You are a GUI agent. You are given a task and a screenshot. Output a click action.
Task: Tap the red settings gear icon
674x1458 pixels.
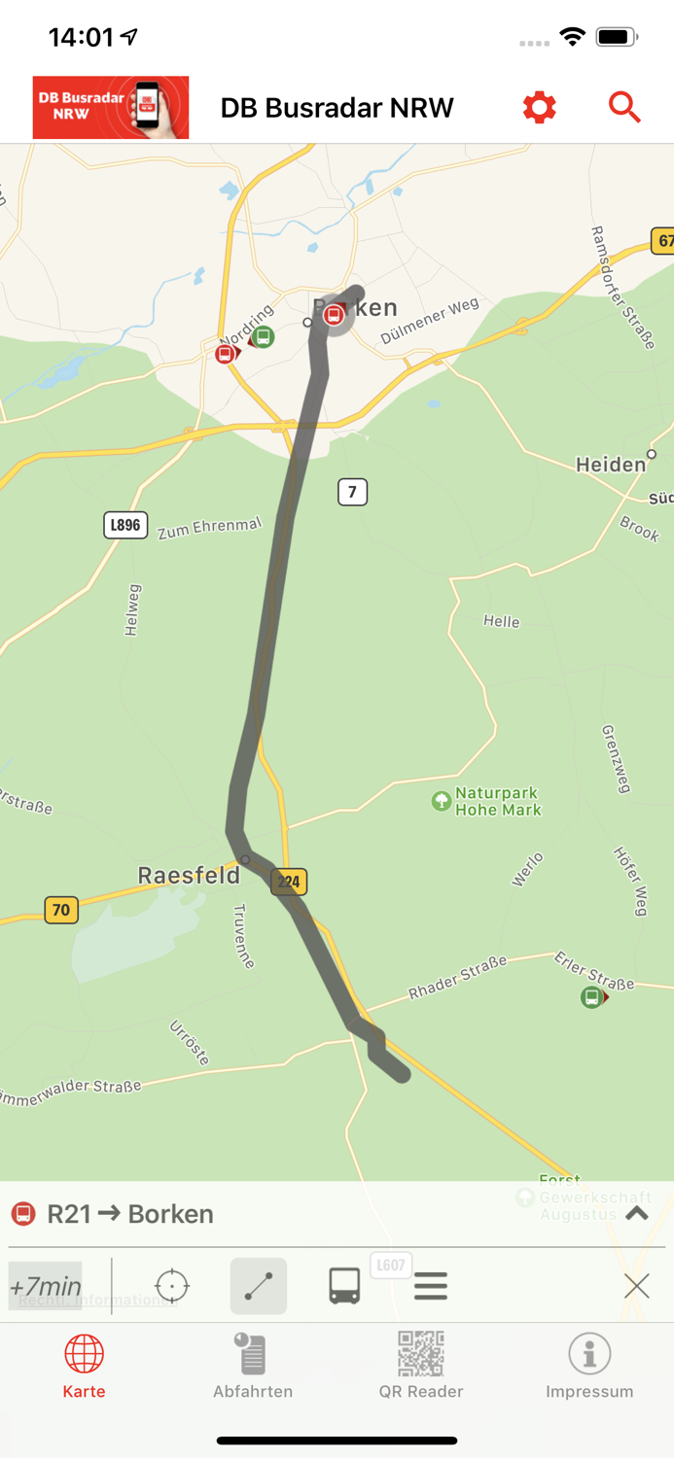click(x=539, y=107)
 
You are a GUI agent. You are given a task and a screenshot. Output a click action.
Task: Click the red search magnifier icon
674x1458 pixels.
click(x=624, y=107)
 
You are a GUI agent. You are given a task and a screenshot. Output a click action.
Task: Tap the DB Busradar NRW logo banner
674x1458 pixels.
click(x=111, y=108)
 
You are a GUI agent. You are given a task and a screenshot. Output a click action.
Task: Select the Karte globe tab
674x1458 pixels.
click(x=84, y=1366)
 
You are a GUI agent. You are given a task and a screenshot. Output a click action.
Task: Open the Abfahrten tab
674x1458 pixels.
click(x=253, y=1366)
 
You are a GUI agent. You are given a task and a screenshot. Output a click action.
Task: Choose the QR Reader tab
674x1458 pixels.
click(x=421, y=1366)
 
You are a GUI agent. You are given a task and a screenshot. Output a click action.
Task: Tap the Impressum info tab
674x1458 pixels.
click(x=589, y=1366)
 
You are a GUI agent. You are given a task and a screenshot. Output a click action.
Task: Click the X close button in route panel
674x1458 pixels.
click(x=637, y=1286)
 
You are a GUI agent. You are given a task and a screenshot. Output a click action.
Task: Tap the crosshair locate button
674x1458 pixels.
click(x=172, y=1286)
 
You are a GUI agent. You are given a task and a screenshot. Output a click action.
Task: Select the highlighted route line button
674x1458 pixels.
click(x=259, y=1286)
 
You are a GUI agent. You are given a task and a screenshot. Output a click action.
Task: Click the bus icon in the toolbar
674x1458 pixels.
click(x=344, y=1286)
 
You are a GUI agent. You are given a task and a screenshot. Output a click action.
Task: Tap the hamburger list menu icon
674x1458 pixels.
click(x=431, y=1286)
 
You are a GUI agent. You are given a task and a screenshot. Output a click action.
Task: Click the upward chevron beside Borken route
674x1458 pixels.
click(x=637, y=1213)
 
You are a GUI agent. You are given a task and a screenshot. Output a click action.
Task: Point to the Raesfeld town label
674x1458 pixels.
click(x=189, y=875)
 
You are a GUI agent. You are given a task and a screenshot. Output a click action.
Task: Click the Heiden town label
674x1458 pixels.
click(x=611, y=465)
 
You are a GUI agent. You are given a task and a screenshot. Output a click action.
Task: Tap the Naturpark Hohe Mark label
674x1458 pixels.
click(x=497, y=801)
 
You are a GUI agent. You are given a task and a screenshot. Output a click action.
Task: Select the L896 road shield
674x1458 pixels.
click(x=125, y=525)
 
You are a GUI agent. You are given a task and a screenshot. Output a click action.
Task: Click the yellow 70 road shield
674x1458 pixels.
click(x=61, y=910)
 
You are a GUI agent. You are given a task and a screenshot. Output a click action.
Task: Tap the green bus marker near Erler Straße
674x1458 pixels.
click(x=591, y=997)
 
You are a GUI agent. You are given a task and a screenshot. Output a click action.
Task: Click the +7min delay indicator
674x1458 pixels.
click(x=46, y=1286)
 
